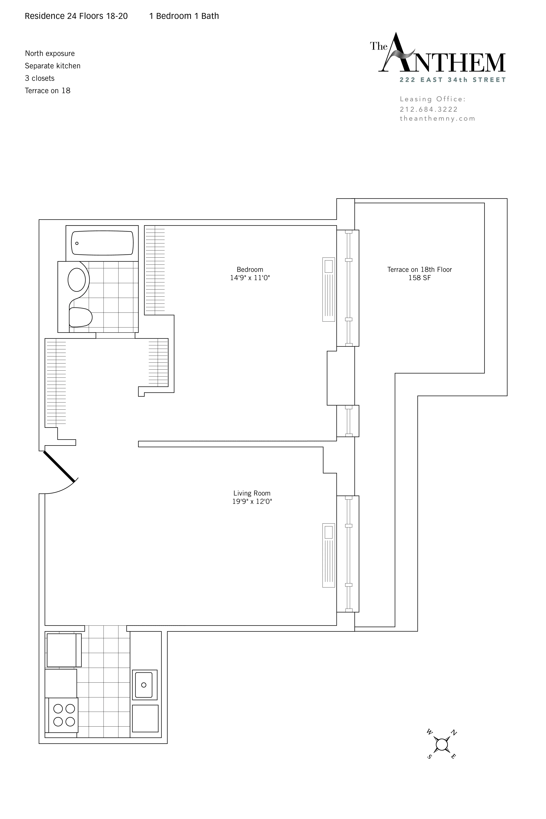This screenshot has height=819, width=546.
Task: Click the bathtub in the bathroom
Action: pyautogui.click(x=102, y=243)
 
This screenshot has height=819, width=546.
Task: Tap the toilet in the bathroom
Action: pyautogui.click(x=80, y=317)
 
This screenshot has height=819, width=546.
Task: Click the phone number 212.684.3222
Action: pyautogui.click(x=428, y=109)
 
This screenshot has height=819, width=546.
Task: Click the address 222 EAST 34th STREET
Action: pyautogui.click(x=452, y=80)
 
